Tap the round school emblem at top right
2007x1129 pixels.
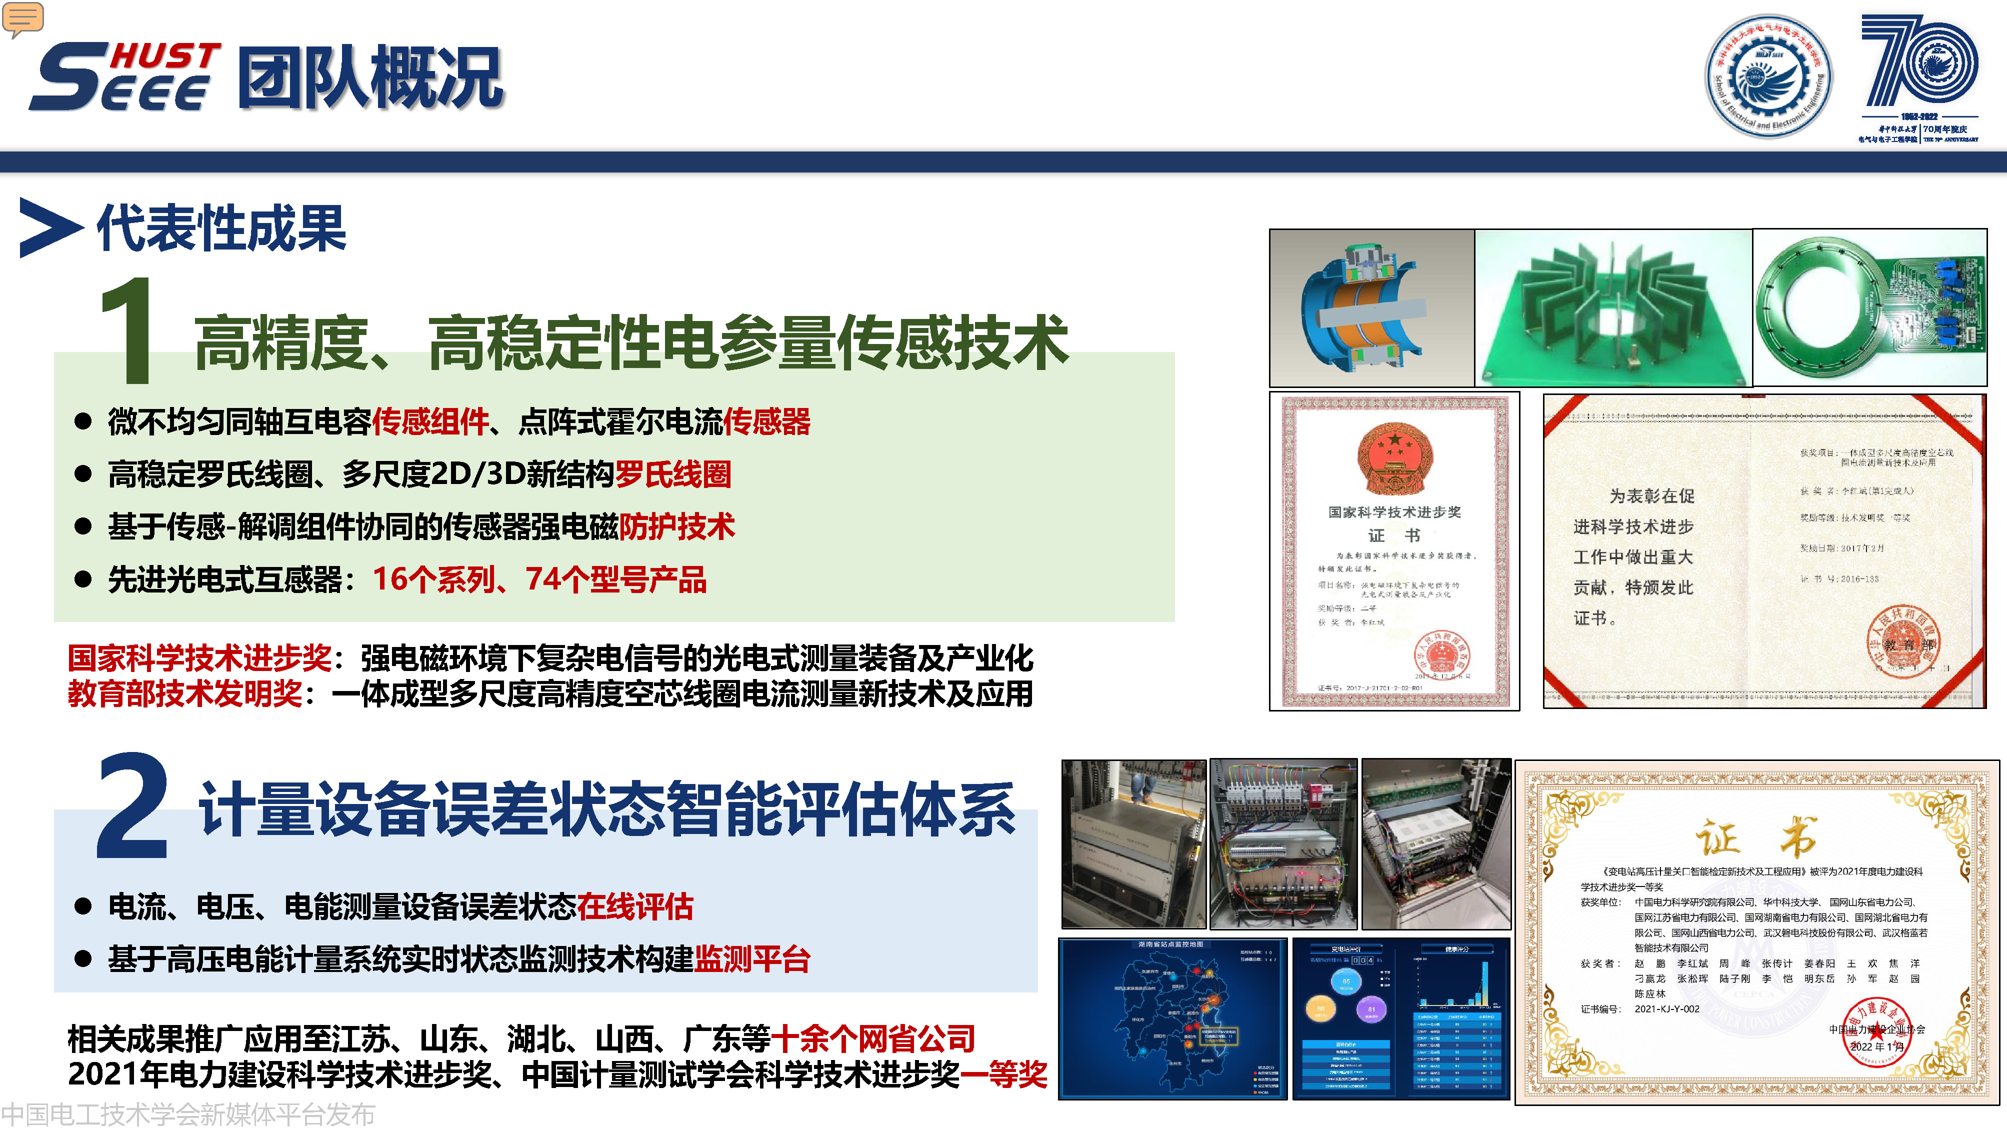[1768, 76]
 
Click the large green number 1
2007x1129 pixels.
[127, 330]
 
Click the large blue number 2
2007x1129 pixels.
[132, 807]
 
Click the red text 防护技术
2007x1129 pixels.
[676, 526]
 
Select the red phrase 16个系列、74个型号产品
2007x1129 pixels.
[539, 579]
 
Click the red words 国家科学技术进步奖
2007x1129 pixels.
[199, 658]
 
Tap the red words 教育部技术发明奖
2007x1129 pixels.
[184, 693]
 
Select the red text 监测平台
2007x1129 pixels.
[752, 959]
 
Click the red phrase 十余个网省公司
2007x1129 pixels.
[872, 1038]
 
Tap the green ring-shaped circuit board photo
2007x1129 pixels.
[1868, 308]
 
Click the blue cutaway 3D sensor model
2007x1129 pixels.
[1371, 308]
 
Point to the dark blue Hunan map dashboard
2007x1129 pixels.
[1172, 1018]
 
